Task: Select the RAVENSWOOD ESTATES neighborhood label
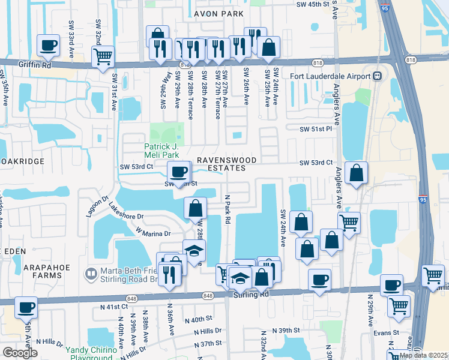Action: point(228,164)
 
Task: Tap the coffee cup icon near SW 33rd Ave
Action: point(48,45)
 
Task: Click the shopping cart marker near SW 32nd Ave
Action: point(103,57)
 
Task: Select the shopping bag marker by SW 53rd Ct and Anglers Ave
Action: point(356,173)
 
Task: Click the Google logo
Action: point(20,353)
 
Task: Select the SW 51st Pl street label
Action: point(316,128)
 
